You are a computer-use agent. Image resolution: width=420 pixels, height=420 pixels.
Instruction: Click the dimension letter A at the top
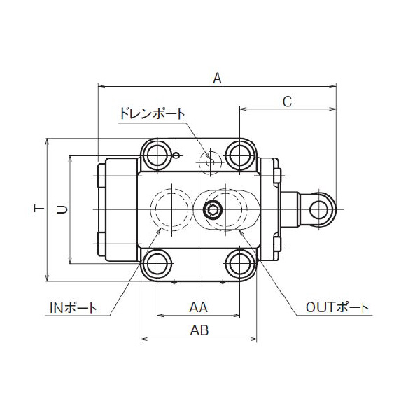[x=217, y=79]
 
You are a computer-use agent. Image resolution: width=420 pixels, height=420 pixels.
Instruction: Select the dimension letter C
[x=287, y=101]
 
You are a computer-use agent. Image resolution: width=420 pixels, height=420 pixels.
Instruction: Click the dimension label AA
[x=199, y=307]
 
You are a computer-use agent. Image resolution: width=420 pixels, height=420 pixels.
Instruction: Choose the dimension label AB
[x=199, y=331]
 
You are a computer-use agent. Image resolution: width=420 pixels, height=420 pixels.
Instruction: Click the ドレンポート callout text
[x=152, y=113]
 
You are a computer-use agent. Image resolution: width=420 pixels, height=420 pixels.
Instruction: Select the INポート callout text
[x=73, y=307]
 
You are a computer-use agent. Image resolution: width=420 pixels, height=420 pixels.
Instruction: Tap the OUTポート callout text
[x=337, y=307]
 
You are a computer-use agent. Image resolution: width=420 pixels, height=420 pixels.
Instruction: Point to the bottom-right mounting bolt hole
[x=241, y=264]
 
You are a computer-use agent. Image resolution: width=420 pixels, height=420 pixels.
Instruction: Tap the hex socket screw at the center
[x=211, y=209]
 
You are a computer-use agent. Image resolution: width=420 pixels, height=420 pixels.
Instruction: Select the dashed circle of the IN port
[x=170, y=209]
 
